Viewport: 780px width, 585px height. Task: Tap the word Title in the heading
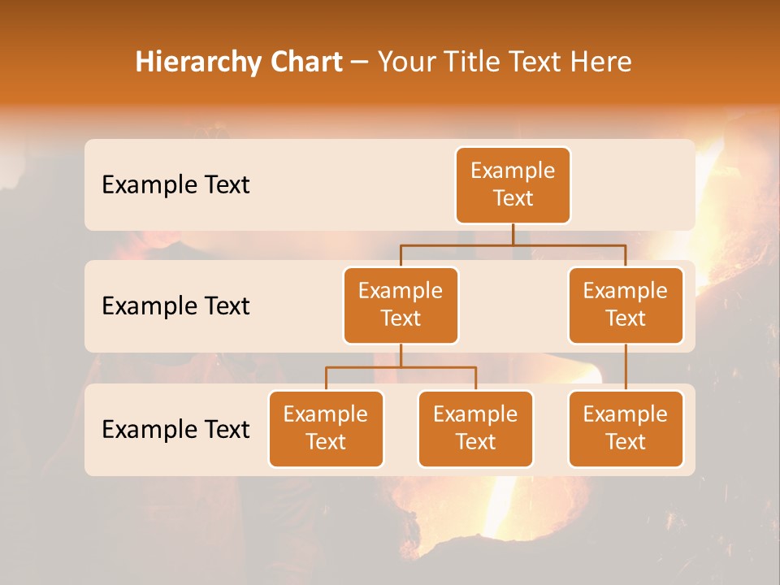[x=474, y=62]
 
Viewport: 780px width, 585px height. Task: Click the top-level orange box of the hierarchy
[x=513, y=184]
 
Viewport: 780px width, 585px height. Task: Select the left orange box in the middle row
[x=401, y=305]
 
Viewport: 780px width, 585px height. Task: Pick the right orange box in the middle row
[x=626, y=305]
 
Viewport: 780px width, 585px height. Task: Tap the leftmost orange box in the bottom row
[x=326, y=428]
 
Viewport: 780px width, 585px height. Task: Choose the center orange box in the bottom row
[x=475, y=428]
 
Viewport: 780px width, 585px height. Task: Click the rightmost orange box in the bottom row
[x=626, y=428]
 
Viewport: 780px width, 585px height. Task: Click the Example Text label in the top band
[x=175, y=184]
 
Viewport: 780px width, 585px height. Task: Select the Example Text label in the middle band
[x=175, y=305]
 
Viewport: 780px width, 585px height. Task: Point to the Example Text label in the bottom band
[x=175, y=429]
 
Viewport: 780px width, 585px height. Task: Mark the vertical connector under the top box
[x=513, y=234]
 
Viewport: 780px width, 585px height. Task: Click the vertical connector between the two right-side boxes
[x=626, y=367]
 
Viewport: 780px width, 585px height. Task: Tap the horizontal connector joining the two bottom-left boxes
[x=401, y=367]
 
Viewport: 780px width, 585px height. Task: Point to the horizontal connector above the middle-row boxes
[x=513, y=244]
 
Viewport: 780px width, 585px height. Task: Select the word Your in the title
[x=406, y=62]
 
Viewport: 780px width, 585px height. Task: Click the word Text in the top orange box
[x=513, y=198]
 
